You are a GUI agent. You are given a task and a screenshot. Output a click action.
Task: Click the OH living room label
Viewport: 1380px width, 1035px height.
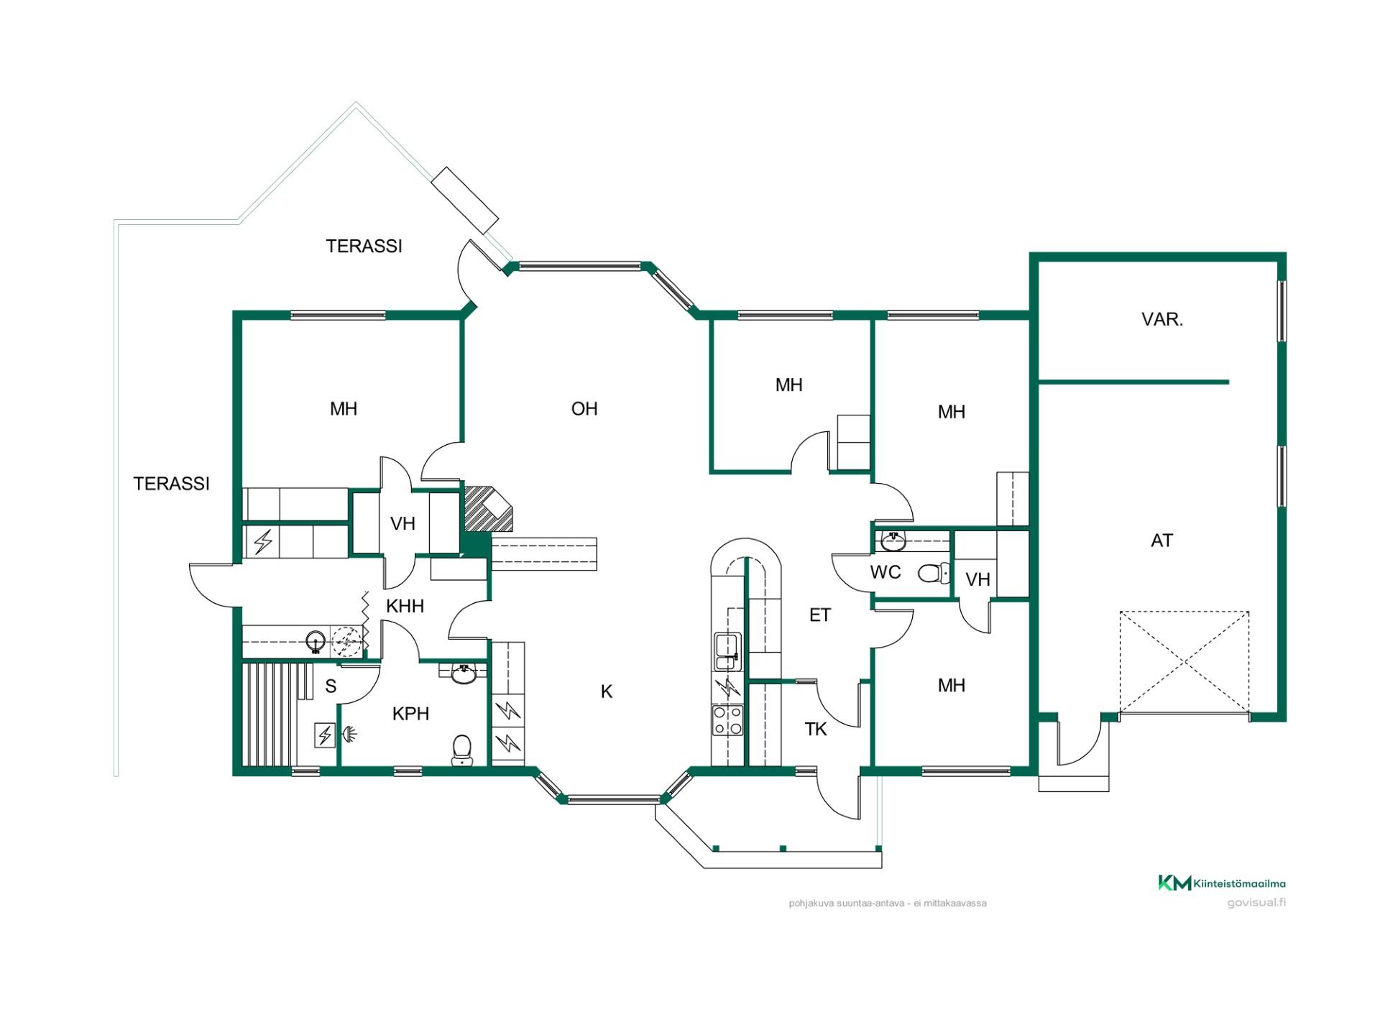click(x=584, y=409)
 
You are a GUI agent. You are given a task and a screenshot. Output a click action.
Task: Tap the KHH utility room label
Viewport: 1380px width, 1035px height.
click(x=405, y=606)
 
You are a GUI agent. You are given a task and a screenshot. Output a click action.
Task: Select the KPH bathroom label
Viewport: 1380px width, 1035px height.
click(x=410, y=714)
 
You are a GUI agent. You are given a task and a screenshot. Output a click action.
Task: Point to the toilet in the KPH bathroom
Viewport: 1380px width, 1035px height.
click(x=461, y=750)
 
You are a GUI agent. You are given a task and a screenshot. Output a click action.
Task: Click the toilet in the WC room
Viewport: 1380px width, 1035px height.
click(x=934, y=573)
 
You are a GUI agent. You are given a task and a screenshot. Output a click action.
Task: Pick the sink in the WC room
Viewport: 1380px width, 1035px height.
click(x=893, y=541)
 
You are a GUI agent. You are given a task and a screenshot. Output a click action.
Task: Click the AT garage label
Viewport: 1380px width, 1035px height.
click(x=1161, y=540)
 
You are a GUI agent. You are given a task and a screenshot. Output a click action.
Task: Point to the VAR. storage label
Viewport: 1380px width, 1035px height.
click(x=1162, y=319)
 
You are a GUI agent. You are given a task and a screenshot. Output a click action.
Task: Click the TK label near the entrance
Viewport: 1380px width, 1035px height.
click(x=816, y=730)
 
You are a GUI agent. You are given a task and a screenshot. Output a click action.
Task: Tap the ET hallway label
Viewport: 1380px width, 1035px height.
click(x=820, y=615)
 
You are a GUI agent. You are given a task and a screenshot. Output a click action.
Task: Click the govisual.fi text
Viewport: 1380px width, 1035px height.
click(x=1256, y=903)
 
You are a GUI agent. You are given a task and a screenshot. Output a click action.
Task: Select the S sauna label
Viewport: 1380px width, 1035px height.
click(x=331, y=686)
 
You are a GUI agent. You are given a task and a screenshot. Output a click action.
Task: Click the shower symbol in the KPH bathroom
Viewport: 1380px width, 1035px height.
click(x=349, y=734)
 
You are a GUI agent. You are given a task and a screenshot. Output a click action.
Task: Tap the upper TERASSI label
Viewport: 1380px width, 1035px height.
click(x=364, y=247)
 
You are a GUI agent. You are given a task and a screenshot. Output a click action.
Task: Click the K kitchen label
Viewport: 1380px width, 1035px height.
click(x=607, y=691)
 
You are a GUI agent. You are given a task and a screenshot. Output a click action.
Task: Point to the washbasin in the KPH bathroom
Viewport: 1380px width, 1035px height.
click(x=464, y=674)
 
